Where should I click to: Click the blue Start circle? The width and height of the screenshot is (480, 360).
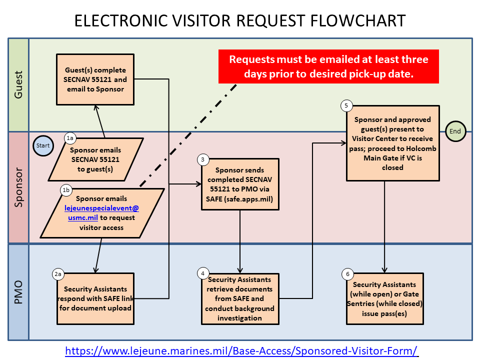click(43, 145)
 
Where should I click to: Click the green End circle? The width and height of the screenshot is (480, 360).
click(455, 131)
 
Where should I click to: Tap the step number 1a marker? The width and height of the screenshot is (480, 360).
click(70, 137)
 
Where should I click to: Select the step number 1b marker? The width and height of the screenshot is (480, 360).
click(66, 190)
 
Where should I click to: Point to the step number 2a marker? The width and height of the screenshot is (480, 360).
click(58, 274)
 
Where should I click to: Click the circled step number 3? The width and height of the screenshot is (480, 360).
click(202, 159)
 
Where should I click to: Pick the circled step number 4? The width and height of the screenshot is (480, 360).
click(202, 273)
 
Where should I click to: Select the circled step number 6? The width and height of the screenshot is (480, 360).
click(347, 274)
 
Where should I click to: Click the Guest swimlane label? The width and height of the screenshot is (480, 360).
click(18, 85)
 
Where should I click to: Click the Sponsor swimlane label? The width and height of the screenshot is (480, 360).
click(18, 187)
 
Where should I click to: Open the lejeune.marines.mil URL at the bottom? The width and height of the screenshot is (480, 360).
click(241, 351)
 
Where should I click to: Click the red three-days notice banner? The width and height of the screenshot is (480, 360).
click(328, 66)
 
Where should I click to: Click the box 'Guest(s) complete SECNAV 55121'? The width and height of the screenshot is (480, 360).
click(95, 79)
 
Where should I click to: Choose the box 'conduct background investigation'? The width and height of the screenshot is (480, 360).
click(239, 299)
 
